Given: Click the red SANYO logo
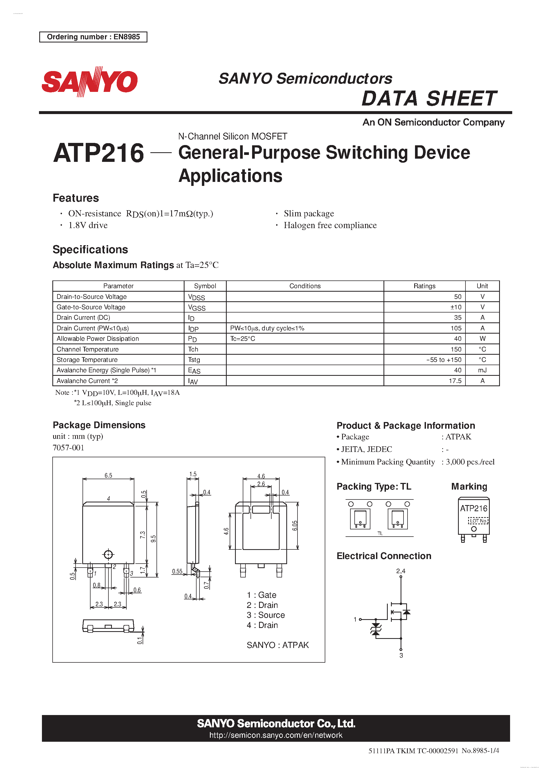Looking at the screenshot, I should [89, 82].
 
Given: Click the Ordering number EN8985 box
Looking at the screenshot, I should [93, 37].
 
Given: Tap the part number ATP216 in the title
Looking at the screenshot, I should [99, 153].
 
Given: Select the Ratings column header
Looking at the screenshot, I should [424, 286].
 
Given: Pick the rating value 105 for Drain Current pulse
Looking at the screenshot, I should [456, 328].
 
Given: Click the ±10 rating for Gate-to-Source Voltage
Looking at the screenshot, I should [456, 307].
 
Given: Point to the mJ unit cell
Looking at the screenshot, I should [482, 370].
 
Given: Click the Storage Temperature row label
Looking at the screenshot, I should [87, 360].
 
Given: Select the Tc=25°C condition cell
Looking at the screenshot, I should [242, 339].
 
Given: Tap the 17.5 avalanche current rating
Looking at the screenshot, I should [455, 381].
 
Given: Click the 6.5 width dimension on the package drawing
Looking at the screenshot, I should [108, 475].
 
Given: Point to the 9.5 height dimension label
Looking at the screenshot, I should [153, 539].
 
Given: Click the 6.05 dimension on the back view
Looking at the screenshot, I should [295, 526].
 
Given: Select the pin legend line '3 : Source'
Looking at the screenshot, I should [266, 615].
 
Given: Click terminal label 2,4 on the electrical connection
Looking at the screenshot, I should [401, 571].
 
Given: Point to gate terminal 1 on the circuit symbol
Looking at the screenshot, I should [356, 619].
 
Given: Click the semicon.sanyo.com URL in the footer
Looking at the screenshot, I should [276, 735].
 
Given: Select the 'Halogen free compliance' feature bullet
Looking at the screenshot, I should [330, 225].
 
